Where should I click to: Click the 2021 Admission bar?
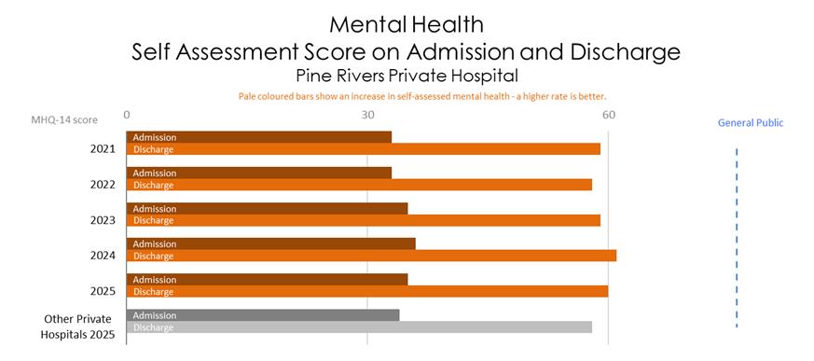click(259, 137)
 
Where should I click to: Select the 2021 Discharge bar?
click(364, 149)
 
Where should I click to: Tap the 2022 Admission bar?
click(259, 173)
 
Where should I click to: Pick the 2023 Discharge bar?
click(364, 220)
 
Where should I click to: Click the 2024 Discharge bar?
click(372, 256)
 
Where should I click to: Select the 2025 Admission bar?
click(267, 280)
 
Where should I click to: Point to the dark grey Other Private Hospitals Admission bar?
click(263, 315)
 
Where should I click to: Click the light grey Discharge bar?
click(359, 327)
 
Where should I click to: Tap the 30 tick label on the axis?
click(368, 115)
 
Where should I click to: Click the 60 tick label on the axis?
click(609, 115)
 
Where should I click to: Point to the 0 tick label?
click(127, 115)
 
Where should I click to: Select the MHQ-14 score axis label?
click(63, 120)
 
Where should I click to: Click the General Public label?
click(751, 123)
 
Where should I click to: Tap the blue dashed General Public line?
click(737, 238)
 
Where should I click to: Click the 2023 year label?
click(103, 220)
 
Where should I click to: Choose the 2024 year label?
click(103, 256)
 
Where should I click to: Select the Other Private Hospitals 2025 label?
click(78, 326)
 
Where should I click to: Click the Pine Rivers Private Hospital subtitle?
click(407, 76)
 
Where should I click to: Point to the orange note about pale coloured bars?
click(422, 97)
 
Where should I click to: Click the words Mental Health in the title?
click(407, 24)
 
